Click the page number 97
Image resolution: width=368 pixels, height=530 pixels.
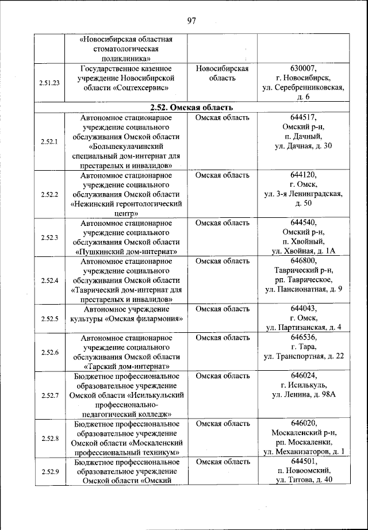point(191,21)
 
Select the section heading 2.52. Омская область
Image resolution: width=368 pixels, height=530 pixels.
point(191,107)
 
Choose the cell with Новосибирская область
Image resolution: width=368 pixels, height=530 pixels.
point(221,73)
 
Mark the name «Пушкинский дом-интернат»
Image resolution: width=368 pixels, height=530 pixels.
point(126,251)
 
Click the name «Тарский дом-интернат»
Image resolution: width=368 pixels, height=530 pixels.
point(126,366)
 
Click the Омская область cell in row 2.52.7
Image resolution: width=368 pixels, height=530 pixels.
point(221,376)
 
